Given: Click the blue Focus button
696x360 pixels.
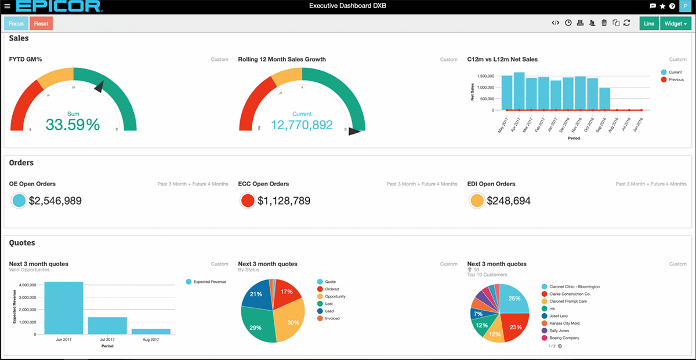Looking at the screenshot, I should point(16,24).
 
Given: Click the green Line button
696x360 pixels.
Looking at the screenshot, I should point(648,24).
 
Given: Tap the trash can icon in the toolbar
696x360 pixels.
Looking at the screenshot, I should point(604,23).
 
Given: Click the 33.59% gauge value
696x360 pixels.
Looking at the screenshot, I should point(73,125).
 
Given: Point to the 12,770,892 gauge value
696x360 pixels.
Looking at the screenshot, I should point(302,125).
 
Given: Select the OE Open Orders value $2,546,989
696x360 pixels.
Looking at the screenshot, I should point(55,201).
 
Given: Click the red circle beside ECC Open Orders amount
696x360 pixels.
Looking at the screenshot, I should point(248,201).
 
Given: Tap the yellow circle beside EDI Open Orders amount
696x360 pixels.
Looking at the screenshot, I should point(477,201).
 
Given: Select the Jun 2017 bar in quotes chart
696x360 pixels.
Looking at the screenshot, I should point(64,308).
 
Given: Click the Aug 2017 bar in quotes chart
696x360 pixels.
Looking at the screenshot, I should point(151,331).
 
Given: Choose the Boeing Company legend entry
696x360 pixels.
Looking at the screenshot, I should point(563,338).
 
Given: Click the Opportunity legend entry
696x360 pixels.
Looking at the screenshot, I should point(336,296).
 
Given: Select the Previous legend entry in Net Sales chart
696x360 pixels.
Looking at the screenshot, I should point(675,79).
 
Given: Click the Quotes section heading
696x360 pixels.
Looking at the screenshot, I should point(22,243).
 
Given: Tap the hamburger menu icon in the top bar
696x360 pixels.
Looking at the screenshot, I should point(7,7).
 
